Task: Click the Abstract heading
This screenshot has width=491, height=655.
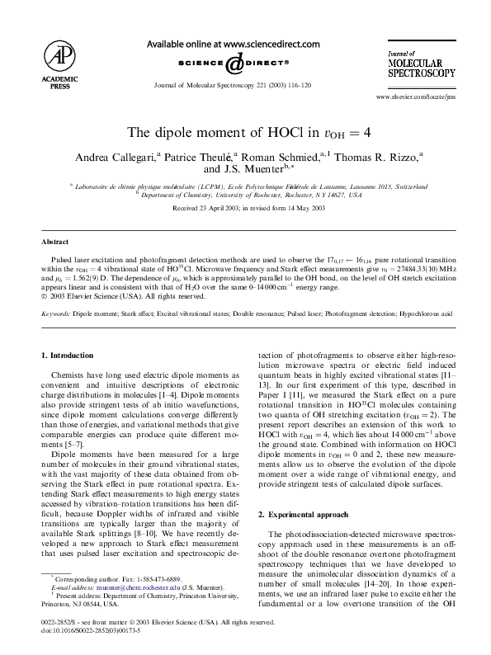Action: (x=54, y=243)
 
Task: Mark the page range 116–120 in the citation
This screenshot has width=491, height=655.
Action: (x=303, y=85)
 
